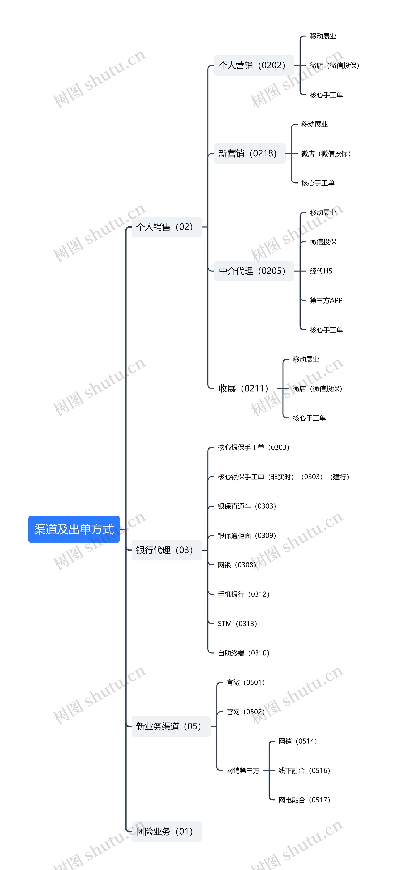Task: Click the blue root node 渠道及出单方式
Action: [x=74, y=529]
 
